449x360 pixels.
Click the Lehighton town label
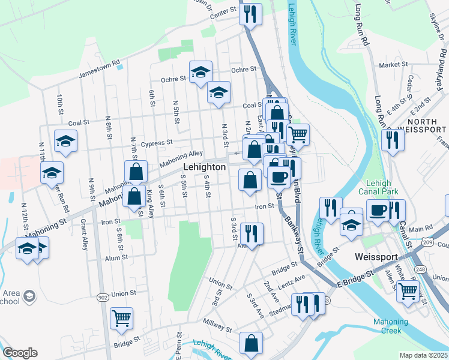(x=204, y=167)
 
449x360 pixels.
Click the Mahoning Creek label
(x=391, y=326)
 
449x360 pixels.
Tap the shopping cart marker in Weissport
(x=408, y=292)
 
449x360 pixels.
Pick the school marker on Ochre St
(x=201, y=72)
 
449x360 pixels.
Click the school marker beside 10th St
(x=65, y=141)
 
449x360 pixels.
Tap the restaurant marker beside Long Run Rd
(x=393, y=140)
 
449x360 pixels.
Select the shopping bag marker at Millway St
(x=251, y=343)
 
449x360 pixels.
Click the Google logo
(x=20, y=353)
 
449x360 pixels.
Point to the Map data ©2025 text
(x=423, y=355)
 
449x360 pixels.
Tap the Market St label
(x=393, y=64)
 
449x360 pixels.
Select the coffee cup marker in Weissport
(x=378, y=210)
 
